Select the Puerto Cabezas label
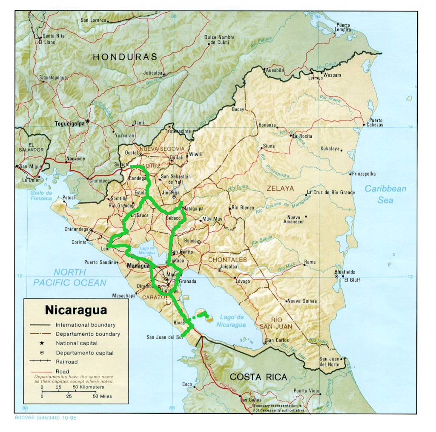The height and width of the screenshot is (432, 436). (x=376, y=122)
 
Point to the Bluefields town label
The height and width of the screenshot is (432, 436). (x=344, y=272)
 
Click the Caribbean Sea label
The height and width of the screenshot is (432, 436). (x=385, y=194)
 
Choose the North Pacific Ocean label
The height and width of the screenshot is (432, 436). (x=70, y=277)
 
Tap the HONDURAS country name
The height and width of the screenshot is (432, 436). (x=125, y=56)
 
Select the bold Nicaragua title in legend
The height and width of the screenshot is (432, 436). (x=76, y=310)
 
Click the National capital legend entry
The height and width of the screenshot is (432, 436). (x=77, y=343)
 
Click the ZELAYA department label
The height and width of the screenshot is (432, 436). (x=280, y=188)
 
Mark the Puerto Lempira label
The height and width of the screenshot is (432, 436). (x=343, y=27)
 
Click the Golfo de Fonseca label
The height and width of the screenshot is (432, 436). (x=41, y=196)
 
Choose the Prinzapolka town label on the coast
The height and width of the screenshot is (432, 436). (x=364, y=173)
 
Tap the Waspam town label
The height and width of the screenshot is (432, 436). (x=332, y=75)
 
